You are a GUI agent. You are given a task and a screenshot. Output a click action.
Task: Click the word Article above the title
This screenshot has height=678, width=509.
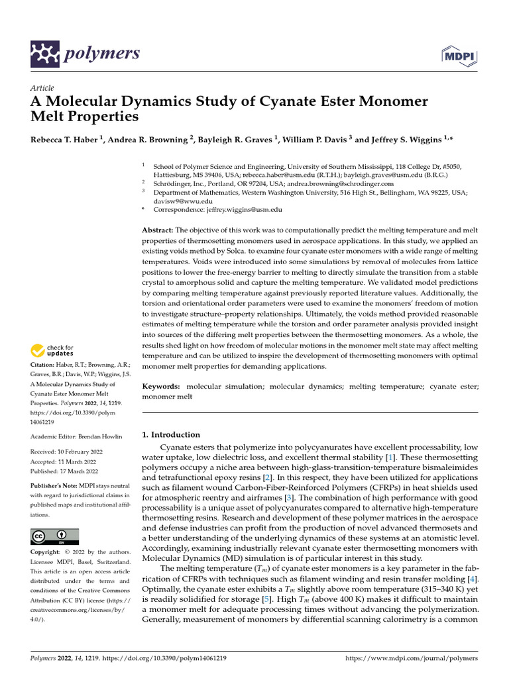pyautogui.click(x=42, y=88)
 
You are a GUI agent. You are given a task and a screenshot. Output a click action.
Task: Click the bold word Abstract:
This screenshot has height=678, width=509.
pyautogui.click(x=158, y=229)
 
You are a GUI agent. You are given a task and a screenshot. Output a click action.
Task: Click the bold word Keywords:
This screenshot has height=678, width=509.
pyautogui.click(x=161, y=385)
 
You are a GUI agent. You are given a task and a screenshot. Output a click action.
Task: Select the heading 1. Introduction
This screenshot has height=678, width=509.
pyautogui.click(x=171, y=435)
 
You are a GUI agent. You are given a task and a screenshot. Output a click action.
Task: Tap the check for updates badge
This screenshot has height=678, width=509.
pyautogui.click(x=54, y=350)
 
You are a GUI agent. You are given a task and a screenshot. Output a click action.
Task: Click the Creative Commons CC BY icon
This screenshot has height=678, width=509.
pyautogui.click(x=54, y=536)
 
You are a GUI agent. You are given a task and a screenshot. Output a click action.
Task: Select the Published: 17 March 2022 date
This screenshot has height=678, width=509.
pyautogui.click(x=64, y=471)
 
